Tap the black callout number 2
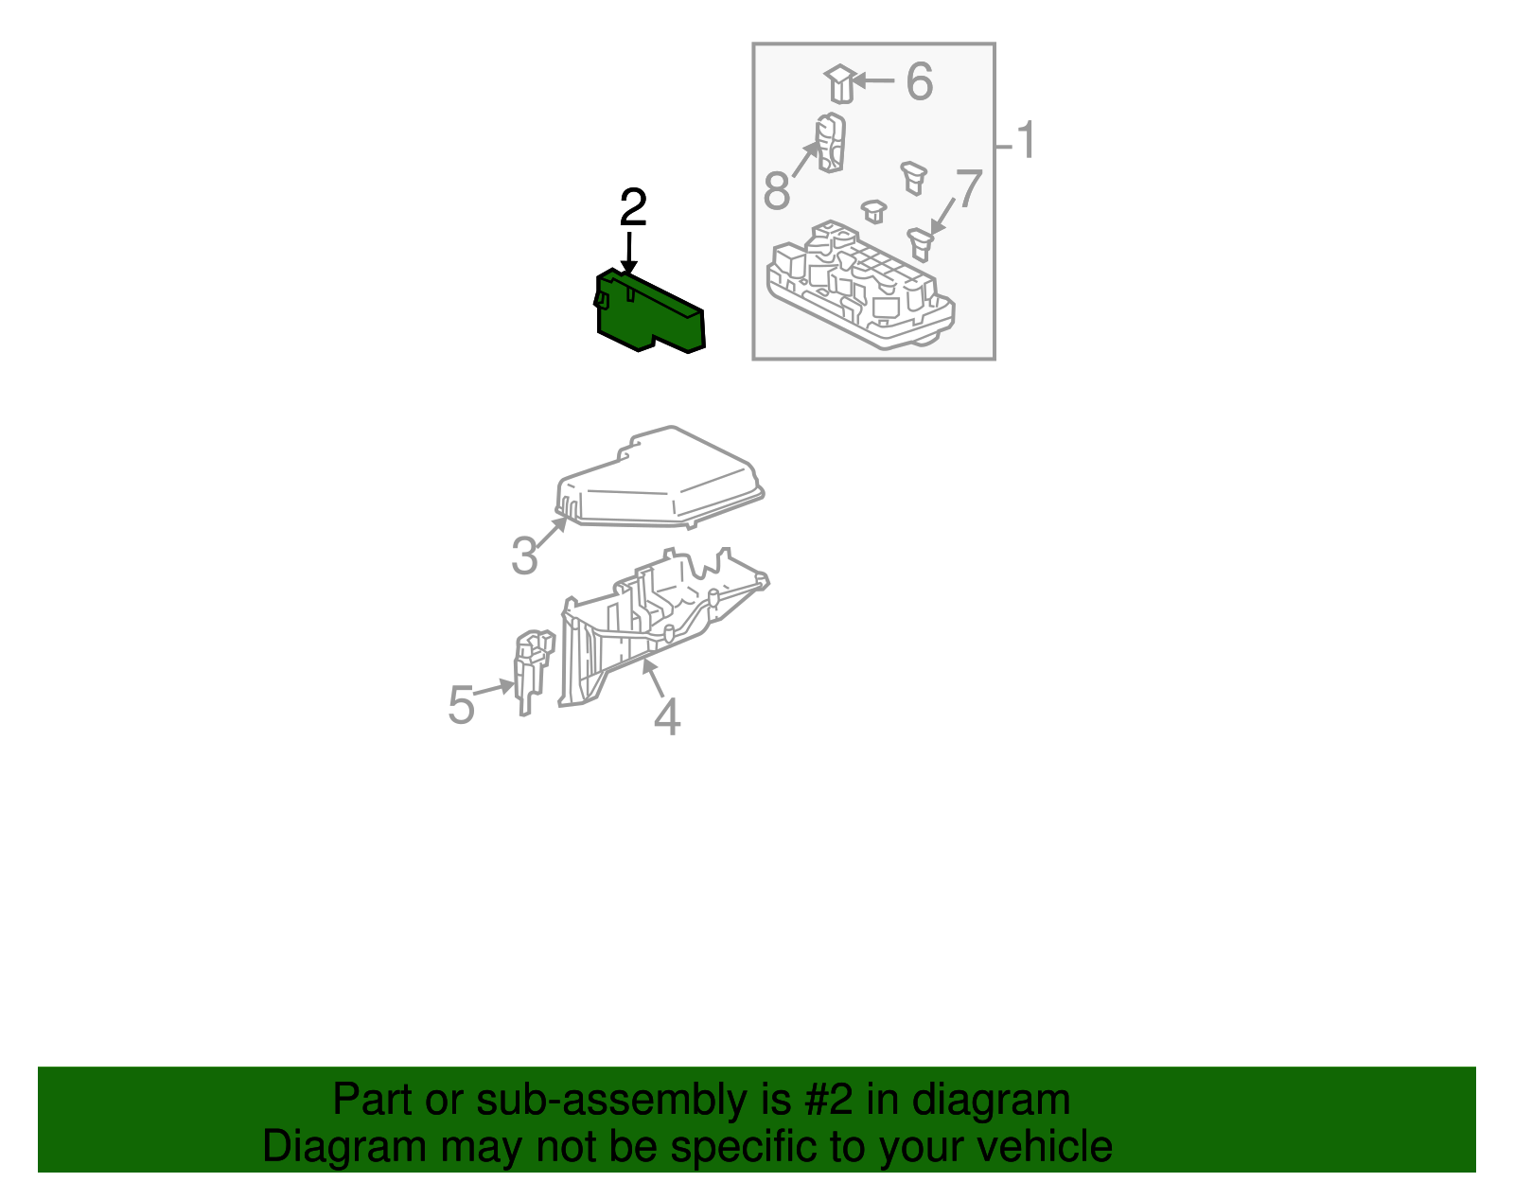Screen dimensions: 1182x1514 pos(633,208)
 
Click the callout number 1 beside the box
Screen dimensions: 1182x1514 pos(1026,141)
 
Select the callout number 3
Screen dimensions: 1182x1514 pos(524,556)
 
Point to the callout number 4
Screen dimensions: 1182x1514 pos(666,717)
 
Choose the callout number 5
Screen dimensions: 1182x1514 pos(461,706)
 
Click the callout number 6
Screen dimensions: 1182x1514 pos(919,81)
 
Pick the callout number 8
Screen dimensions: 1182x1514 pos(776,192)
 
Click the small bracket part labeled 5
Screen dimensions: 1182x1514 pos(530,667)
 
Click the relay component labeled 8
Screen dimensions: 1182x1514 pos(830,143)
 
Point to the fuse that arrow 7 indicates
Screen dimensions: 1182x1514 pos(920,243)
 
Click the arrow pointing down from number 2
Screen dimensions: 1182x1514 pos(628,254)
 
